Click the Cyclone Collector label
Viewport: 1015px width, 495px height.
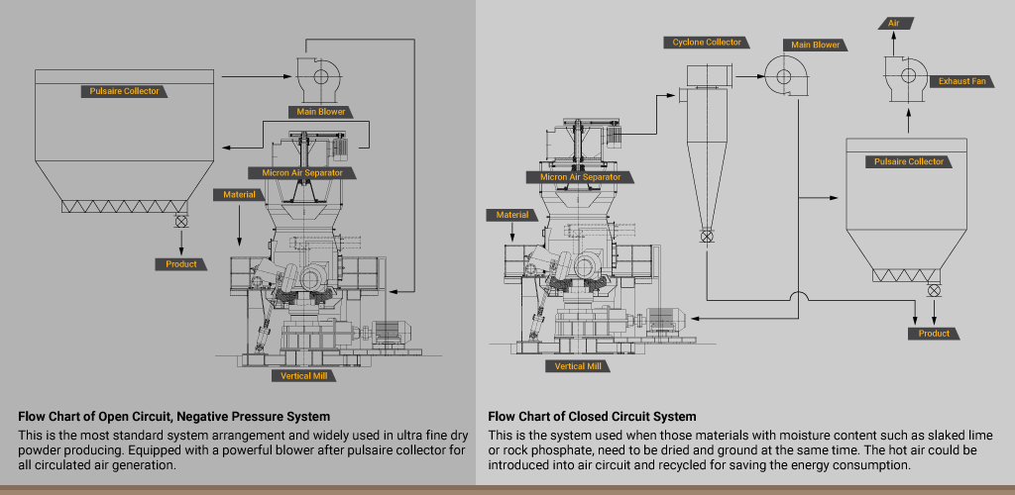tap(707, 43)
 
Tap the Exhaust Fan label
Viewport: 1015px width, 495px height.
tap(961, 80)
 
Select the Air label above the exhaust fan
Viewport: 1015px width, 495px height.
tap(894, 21)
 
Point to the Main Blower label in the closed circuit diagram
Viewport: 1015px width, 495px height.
tap(815, 45)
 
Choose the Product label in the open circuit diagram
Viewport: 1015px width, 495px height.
tap(181, 264)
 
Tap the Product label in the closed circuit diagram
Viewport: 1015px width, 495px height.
tap(934, 334)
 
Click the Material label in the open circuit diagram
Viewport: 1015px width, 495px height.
tap(239, 195)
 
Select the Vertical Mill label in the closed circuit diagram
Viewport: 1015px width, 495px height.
tap(578, 366)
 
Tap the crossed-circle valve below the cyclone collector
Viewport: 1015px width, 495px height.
tap(707, 237)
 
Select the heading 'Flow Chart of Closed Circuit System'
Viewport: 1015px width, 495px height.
tap(592, 417)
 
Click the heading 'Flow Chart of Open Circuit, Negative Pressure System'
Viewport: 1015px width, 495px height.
tap(173, 417)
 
